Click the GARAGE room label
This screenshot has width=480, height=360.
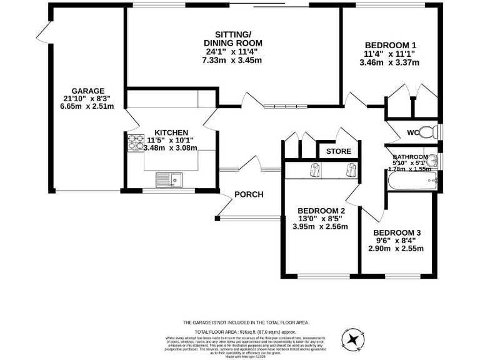87,91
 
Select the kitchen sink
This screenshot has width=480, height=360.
167,179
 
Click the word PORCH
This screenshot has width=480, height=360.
249,194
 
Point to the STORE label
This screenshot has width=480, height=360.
338,151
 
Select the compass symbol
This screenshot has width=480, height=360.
354,338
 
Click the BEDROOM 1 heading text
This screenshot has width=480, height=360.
390,45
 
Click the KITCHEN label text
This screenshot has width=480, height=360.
171,132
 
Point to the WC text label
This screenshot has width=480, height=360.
412,132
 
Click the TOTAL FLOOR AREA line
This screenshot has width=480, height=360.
244,331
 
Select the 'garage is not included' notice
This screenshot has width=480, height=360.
245,322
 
